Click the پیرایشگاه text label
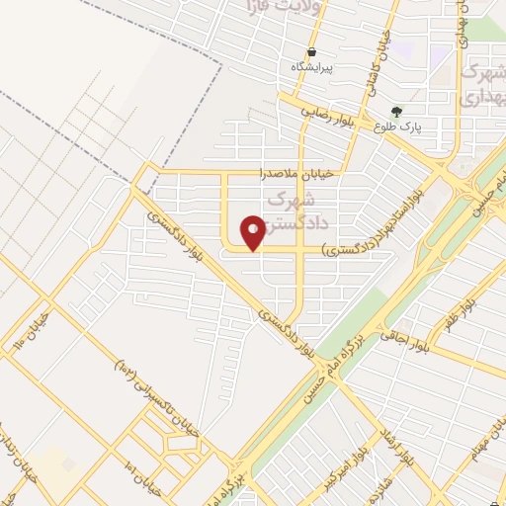pyautogui.click(x=312, y=67)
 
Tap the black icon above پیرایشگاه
pyautogui.click(x=312, y=51)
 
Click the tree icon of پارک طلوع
pyautogui.click(x=396, y=111)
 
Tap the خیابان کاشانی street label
pyautogui.click(x=379, y=59)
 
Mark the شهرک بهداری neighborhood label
pyautogui.click(x=484, y=84)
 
